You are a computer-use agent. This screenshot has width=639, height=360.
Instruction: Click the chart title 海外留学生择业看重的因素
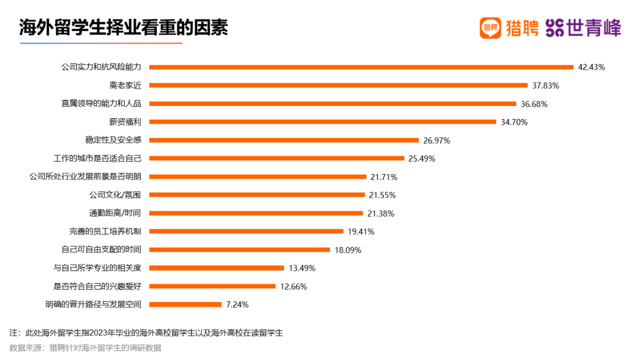tap(123, 28)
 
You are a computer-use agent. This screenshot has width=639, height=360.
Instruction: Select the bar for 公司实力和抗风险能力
tap(361, 67)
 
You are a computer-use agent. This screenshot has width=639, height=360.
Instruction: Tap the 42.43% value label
tap(591, 67)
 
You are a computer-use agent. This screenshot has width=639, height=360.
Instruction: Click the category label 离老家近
tap(125, 85)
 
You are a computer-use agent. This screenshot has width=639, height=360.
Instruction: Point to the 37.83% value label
tap(546, 85)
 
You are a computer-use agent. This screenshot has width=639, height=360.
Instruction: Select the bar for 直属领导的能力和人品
tap(333, 104)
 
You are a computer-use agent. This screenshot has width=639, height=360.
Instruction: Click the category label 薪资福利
tap(125, 122)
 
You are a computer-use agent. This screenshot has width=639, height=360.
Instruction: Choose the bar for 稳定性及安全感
tap(284, 140)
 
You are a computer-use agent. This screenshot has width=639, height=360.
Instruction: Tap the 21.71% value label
tap(383, 177)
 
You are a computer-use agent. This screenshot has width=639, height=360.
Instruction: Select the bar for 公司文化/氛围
tap(257, 195)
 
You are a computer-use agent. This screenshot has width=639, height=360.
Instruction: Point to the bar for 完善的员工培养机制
tap(246, 232)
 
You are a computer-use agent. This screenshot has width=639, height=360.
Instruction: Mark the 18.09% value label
tap(348, 250)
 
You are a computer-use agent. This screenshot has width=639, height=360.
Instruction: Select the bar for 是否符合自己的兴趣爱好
tap(212, 287)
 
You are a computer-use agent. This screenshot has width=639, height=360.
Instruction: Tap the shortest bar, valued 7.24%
tap(185, 304)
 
